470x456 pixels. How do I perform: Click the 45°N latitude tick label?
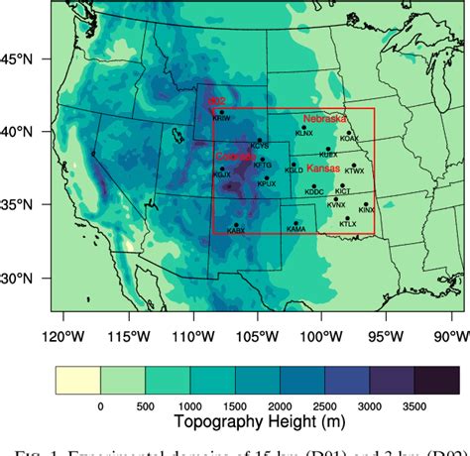[17, 59]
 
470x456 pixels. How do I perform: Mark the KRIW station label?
[220, 118]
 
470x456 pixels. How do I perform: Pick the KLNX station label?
[304, 132]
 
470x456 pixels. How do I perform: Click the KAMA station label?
[295, 229]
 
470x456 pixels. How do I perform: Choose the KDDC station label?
[314, 192]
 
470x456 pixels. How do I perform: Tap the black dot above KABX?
[236, 224]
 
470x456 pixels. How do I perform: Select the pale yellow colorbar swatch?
[78, 353]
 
